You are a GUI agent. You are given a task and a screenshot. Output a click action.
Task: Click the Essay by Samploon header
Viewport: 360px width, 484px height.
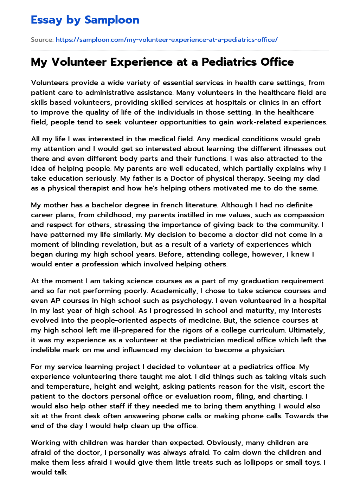pos(85,20)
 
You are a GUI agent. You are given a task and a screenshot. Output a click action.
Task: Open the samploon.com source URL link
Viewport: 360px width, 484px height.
pos(167,40)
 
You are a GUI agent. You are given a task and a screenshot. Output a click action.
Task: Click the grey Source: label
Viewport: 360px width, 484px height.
pos(42,40)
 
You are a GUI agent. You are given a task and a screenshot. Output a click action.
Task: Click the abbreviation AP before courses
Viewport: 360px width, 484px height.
pos(56,301)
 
